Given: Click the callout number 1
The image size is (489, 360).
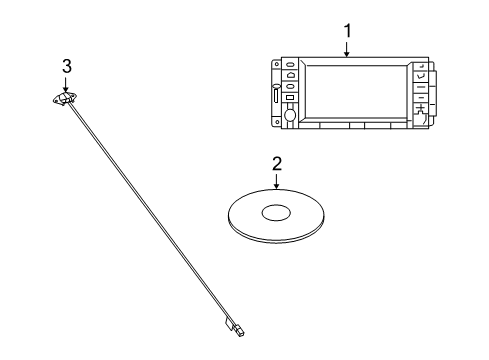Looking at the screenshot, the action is (347, 31).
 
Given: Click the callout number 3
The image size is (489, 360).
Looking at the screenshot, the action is (66, 66).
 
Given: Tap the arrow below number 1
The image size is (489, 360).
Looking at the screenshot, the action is (347, 50).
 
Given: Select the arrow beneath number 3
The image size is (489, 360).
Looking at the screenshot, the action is (66, 85).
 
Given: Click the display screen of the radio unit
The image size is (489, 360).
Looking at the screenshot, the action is (354, 91).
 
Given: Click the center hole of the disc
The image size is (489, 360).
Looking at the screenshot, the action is (276, 212).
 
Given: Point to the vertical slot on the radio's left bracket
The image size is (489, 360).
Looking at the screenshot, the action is (274, 100).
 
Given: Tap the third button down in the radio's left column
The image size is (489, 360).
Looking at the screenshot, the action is (288, 98).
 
